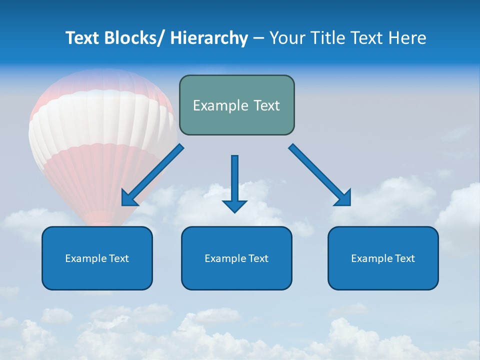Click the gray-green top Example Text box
pos(236,105)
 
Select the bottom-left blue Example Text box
pos(97,258)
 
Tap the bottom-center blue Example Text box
pos(236,258)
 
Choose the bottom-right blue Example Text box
pos(383,258)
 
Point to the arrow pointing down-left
pos(152,175)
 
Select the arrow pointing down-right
pos(320,175)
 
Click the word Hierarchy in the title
pos(209,38)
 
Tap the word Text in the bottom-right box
pos(405,258)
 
